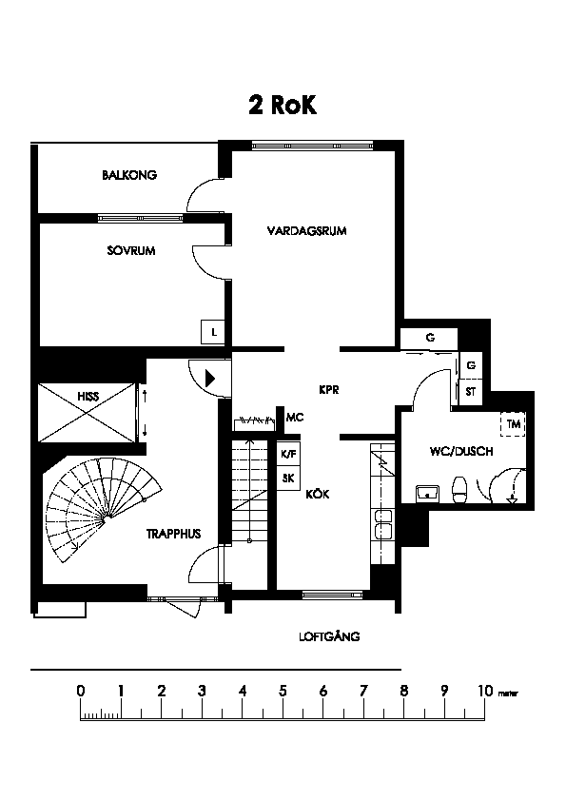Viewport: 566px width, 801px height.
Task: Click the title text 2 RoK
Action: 283,105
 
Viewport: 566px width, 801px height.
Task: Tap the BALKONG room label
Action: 129,175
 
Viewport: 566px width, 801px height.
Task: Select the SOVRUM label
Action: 131,251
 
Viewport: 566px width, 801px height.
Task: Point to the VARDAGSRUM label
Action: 306,231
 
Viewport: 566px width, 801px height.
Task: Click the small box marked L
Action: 213,332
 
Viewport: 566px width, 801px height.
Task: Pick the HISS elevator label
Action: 88,397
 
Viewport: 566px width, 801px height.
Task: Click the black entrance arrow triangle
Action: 210,379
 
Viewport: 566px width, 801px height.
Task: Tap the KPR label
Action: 329,390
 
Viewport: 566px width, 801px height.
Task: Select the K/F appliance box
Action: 288,454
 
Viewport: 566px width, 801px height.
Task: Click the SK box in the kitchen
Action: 288,479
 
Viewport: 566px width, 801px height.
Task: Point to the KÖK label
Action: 318,494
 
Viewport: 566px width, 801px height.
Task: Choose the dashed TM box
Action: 513,424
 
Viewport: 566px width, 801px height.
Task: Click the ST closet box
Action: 471,392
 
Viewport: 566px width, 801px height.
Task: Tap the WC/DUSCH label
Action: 461,452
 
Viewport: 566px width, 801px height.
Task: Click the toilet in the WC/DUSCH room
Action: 459,490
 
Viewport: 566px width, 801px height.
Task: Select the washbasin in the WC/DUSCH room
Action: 426,494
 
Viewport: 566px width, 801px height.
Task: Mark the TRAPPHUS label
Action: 174,535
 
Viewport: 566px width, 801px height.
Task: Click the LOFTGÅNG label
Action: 329,636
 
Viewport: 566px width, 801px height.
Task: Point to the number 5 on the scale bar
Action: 283,692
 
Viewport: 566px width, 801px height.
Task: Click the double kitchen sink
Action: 383,524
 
